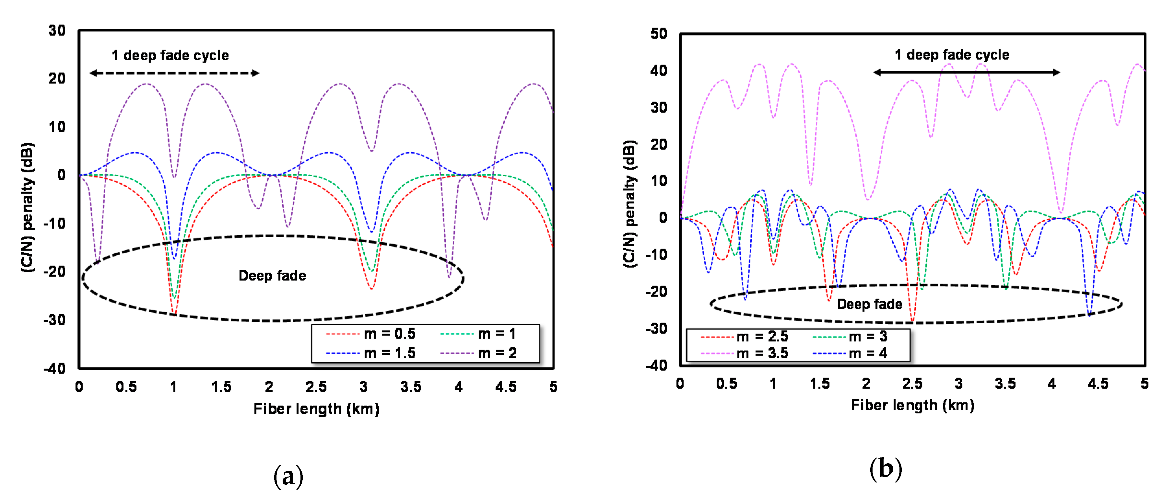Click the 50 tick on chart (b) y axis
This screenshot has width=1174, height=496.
pyautogui.click(x=659, y=34)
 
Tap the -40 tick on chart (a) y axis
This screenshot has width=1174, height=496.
pyautogui.click(x=55, y=368)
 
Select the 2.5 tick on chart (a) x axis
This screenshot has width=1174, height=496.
pyautogui.click(x=316, y=387)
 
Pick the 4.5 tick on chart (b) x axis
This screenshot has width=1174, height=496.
pyautogui.click(x=1098, y=384)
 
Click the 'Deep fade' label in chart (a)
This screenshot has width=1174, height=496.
pyautogui.click(x=272, y=276)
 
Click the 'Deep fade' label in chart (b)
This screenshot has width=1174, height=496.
pyautogui.click(x=869, y=304)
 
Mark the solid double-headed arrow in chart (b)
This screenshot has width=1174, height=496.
pyautogui.click(x=966, y=72)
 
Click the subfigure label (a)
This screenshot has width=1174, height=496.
pyautogui.click(x=288, y=476)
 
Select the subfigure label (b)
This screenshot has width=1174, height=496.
pyautogui.click(x=886, y=469)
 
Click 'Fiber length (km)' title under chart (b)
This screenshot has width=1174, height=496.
pyautogui.click(x=912, y=405)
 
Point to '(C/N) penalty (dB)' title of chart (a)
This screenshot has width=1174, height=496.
pyautogui.click(x=27, y=207)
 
